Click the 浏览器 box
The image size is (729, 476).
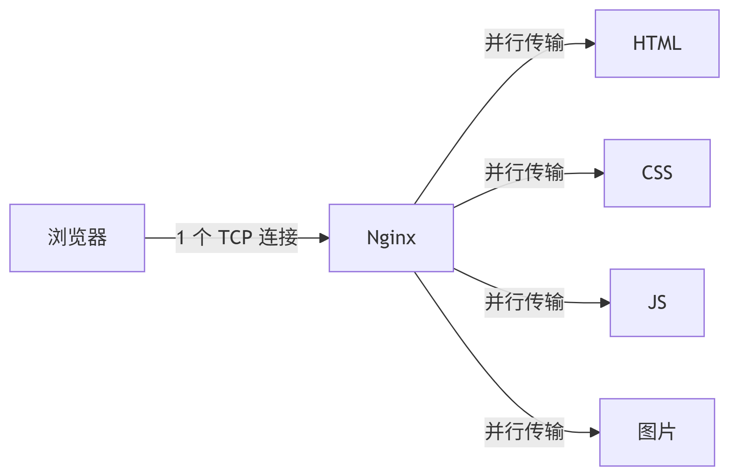tap(77, 238)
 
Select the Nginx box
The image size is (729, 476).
tap(391, 238)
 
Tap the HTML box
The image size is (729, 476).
tap(657, 44)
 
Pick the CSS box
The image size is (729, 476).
tap(657, 173)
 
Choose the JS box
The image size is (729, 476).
tap(657, 303)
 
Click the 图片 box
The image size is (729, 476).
tap(657, 432)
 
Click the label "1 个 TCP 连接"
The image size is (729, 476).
tap(237, 238)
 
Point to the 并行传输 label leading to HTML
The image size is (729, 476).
tap(524, 44)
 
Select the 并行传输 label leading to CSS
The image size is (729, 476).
tap(524, 173)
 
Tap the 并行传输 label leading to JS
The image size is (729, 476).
tap(524, 303)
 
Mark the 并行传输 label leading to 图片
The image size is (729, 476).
tap(524, 432)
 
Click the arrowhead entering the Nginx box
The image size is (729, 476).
tap(324, 238)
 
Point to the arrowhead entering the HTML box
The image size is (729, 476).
tap(590, 44)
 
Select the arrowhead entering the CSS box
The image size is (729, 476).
tap(599, 173)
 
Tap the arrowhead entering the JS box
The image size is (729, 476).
tap(605, 303)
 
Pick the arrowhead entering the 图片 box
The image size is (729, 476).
tap(595, 432)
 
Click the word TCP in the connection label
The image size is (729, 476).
tap(235, 238)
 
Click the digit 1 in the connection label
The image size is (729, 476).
tap(181, 238)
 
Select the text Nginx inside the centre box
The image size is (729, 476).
tap(391, 238)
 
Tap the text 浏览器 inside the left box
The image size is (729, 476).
tap(77, 238)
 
